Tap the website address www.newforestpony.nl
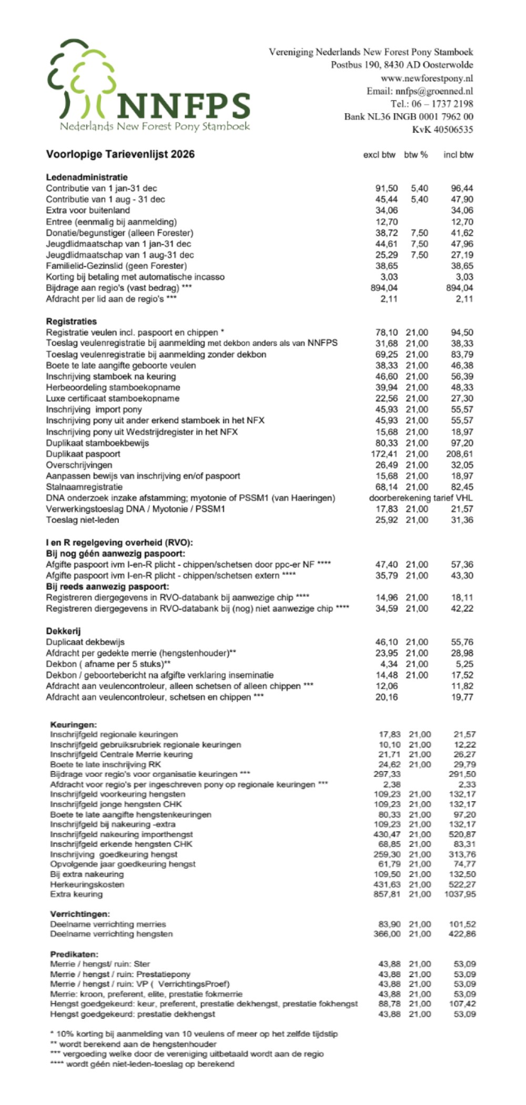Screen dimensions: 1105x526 427,78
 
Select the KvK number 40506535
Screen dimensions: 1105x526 442,129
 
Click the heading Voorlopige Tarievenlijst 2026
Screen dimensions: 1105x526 120,154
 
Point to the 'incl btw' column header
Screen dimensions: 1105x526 458,155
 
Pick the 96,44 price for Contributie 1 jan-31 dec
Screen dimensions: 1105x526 462,188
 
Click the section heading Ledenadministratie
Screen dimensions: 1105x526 87,177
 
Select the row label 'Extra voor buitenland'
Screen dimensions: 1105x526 87,210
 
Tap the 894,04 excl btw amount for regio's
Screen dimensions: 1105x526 384,288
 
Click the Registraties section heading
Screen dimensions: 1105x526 72,321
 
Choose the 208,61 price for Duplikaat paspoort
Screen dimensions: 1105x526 461,454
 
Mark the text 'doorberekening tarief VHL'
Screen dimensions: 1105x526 421,498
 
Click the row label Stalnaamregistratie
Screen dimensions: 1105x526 84,487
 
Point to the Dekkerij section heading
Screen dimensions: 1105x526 63,631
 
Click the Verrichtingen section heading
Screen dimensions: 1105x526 80,914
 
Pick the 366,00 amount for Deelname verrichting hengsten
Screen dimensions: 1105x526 387,934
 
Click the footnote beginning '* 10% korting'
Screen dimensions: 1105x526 194,1034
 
